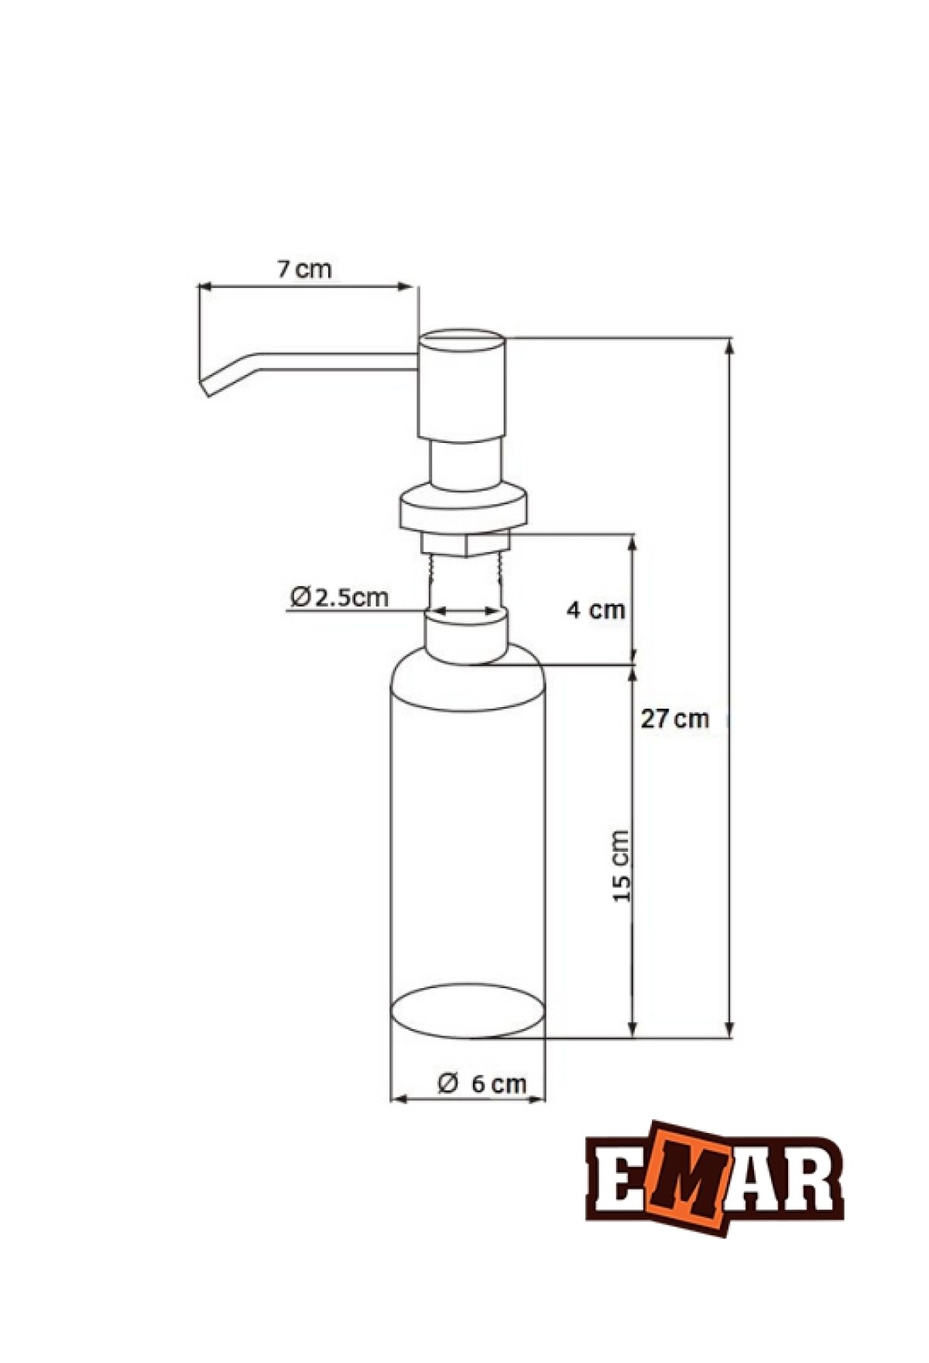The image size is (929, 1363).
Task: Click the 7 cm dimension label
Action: [x=304, y=270]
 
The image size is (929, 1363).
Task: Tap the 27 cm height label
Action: [x=674, y=719]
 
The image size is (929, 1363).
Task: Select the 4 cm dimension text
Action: [x=595, y=609]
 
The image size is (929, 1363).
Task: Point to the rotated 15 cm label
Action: [x=622, y=865]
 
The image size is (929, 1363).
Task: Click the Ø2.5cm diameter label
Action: [x=339, y=597]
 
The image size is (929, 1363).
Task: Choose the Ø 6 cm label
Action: [x=482, y=1083]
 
